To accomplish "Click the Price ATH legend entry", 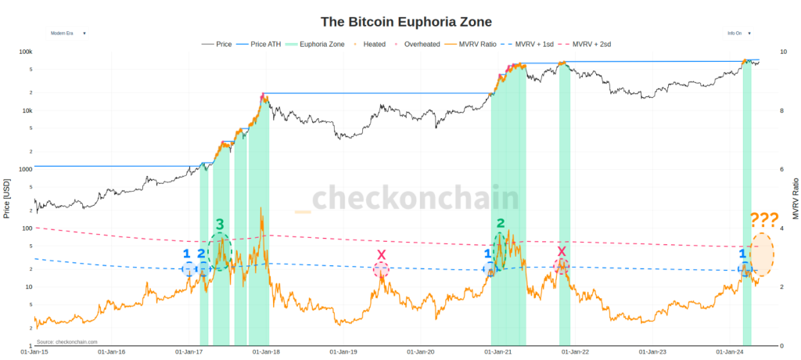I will [x=266, y=45].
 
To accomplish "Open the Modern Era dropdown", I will [x=68, y=33].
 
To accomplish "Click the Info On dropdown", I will [x=738, y=33].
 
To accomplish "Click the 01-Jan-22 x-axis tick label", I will [x=576, y=352].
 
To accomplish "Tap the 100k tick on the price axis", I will [x=26, y=52].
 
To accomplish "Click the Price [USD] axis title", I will [x=7, y=199].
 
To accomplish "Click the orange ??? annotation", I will [x=763, y=220].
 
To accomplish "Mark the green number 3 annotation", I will [x=220, y=225].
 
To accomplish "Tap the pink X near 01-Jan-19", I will [x=381, y=255].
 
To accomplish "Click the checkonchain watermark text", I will [x=415, y=198].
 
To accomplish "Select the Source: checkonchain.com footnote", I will [x=67, y=342].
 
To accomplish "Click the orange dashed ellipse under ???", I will [x=762, y=254].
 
